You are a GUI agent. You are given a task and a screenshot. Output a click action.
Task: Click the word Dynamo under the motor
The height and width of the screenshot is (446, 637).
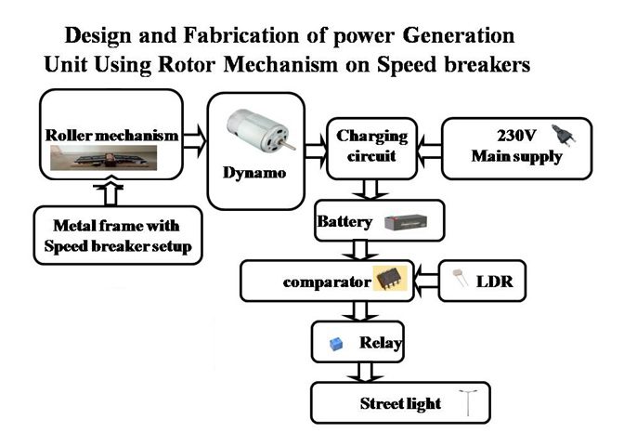(254, 173)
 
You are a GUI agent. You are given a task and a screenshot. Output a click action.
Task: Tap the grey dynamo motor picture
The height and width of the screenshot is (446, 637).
(261, 130)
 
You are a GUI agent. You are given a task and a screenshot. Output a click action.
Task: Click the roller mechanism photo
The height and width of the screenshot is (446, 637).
(103, 158)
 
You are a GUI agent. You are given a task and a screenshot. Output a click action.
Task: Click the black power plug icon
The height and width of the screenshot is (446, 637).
(564, 136)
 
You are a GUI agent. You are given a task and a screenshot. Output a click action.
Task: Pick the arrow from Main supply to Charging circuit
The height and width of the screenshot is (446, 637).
(429, 151)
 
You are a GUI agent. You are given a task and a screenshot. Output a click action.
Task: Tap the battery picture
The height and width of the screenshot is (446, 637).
(406, 222)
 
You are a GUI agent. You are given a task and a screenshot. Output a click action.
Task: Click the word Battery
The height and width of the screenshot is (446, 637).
(344, 222)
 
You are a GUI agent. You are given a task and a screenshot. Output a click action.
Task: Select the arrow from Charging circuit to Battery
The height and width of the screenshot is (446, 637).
(370, 189)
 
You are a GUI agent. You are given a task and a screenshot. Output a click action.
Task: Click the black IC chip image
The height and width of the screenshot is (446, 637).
(390, 279)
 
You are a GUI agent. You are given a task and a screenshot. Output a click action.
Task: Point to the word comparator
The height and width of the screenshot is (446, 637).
(327, 282)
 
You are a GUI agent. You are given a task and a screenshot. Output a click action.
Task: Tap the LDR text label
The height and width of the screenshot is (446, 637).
(494, 282)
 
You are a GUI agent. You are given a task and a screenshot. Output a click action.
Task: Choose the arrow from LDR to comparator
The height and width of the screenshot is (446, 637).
(426, 281)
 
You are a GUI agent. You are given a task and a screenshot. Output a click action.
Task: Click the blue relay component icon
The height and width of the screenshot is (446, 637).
(335, 344)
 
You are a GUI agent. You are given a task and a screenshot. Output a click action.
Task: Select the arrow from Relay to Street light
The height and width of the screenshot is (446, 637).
(365, 372)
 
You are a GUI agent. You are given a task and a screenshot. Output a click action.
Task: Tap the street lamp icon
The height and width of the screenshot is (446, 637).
(468, 403)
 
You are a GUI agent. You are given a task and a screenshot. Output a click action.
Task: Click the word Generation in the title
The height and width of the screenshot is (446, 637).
(459, 35)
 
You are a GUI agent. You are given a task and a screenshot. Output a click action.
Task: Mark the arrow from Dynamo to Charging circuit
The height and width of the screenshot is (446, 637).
(316, 150)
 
